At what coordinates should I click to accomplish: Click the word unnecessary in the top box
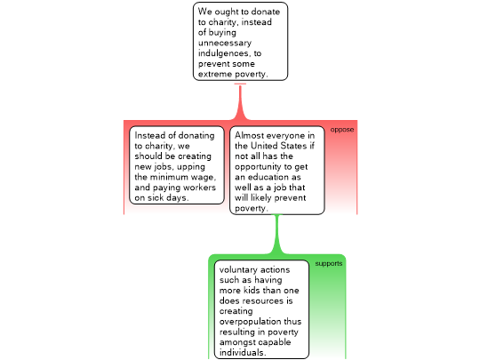coord(225,43)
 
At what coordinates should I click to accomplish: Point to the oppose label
coord(342,130)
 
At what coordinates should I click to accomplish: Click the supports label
coord(329,264)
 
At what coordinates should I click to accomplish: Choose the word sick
coord(156,197)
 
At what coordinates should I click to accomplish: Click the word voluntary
coord(237,270)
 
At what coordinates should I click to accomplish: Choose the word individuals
coord(242,353)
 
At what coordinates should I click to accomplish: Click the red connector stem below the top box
coord(240,102)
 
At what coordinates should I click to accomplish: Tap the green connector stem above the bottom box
coord(277,234)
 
